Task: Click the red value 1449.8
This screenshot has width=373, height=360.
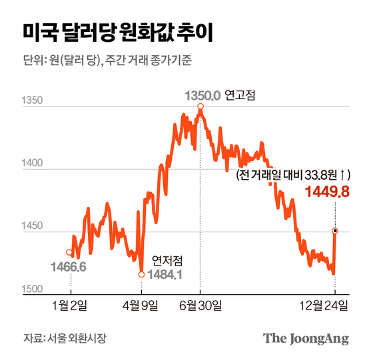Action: point(326,192)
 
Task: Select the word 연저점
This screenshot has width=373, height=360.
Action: point(166,260)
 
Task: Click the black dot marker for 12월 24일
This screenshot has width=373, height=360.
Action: point(334,231)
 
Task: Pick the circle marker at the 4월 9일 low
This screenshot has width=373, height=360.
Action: point(142,274)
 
